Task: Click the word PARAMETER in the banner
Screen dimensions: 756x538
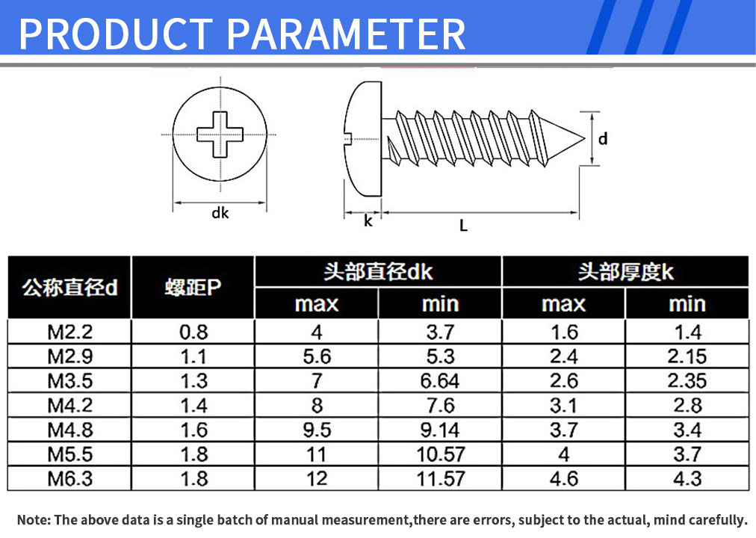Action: (x=346, y=34)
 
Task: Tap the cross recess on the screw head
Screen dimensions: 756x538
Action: (x=220, y=134)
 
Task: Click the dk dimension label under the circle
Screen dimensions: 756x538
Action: (x=220, y=213)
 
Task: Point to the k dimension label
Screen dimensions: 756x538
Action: (x=368, y=220)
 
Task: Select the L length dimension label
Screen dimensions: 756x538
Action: (x=463, y=226)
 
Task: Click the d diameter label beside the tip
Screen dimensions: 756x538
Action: (x=603, y=139)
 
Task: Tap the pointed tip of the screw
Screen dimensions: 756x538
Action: (x=584, y=139)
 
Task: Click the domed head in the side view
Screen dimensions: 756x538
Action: (x=362, y=139)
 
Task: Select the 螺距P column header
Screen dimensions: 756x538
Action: (x=193, y=288)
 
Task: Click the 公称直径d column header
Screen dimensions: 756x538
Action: (x=69, y=288)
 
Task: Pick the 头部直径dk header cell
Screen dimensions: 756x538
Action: (x=378, y=272)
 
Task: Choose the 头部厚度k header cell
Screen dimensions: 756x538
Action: (x=625, y=272)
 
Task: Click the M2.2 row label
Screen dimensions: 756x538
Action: (x=70, y=333)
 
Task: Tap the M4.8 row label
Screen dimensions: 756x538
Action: (x=70, y=430)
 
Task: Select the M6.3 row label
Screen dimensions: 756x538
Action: (x=70, y=479)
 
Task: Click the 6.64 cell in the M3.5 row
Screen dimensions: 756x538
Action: (x=440, y=381)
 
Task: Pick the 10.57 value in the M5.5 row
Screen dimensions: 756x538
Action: (x=441, y=454)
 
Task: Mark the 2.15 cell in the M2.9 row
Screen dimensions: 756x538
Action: (x=687, y=356)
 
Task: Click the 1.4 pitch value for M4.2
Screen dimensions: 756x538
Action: (x=193, y=406)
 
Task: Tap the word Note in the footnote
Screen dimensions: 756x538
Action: (x=34, y=519)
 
